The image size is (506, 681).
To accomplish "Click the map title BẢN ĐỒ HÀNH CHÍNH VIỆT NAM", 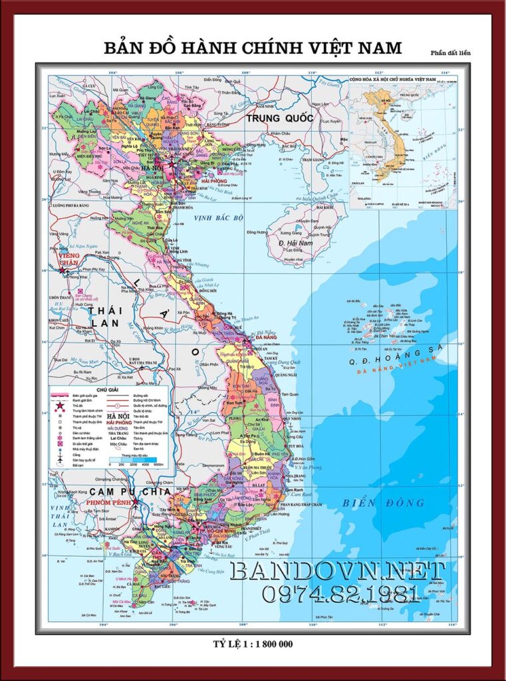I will point(253,48).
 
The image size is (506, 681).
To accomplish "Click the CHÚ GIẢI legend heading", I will point(110,390).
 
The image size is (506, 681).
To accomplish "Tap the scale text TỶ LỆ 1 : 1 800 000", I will point(253,644).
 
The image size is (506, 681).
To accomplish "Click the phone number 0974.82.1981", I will point(339,594).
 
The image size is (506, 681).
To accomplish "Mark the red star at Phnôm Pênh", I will point(136,501).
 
